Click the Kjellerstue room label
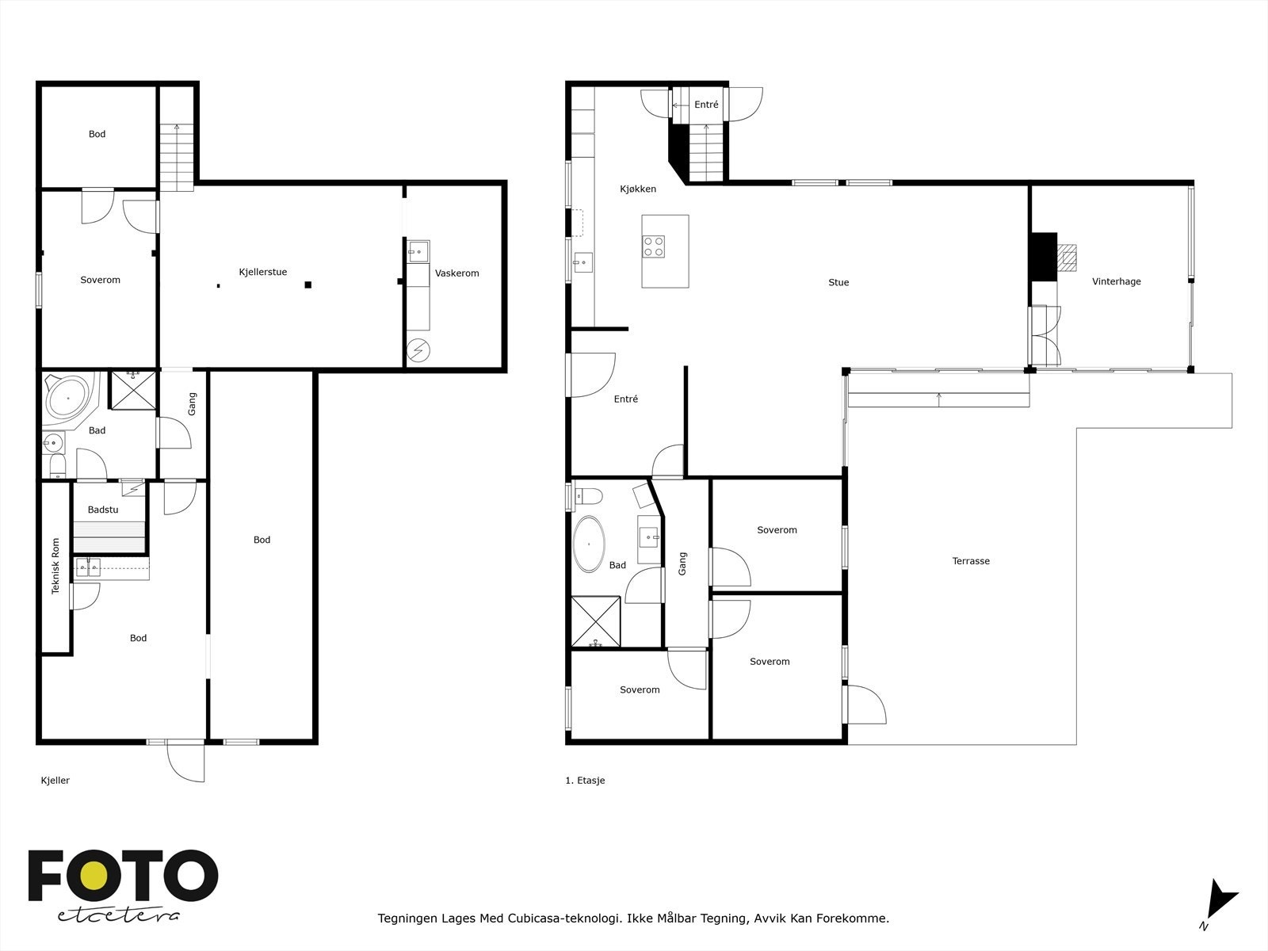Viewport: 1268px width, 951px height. (262, 272)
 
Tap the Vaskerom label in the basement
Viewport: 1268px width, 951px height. (456, 273)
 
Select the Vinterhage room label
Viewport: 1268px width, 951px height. (1116, 281)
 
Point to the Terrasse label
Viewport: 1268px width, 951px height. (971, 561)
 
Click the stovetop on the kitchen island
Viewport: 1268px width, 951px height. (654, 246)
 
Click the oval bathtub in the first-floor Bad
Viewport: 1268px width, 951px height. (589, 544)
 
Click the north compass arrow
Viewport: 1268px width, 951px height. (1218, 903)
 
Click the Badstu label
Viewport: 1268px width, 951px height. (103, 510)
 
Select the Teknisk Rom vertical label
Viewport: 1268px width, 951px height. (55, 567)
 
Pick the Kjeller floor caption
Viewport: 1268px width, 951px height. (55, 781)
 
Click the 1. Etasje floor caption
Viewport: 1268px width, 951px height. (585, 781)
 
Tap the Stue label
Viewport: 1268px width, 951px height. (838, 282)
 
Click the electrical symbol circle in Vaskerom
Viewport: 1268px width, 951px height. (418, 350)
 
